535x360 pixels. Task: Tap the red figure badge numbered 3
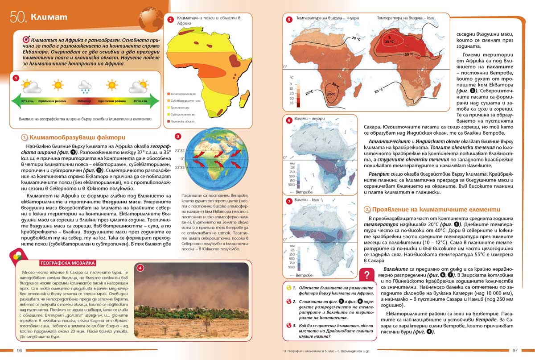pos(178,137)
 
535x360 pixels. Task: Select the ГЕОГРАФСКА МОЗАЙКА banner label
pos(67,263)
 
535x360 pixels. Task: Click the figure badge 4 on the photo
pos(140,268)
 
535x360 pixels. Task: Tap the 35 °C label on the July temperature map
pos(389,41)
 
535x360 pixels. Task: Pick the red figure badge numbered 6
pos(288,120)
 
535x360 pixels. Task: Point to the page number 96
pos(20,350)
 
